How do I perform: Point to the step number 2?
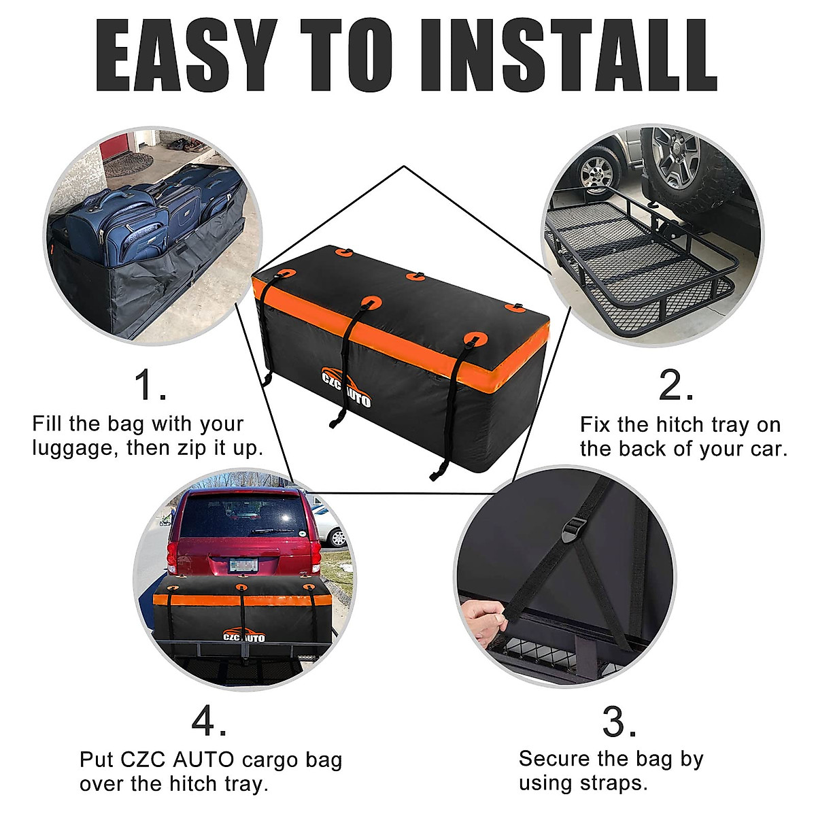(676, 386)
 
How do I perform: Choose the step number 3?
(619, 722)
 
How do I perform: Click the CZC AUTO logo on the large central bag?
(346, 389)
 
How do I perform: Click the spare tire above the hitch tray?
(687, 160)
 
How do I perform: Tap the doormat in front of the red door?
(140, 165)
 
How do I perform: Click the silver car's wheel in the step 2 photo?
(596, 171)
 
